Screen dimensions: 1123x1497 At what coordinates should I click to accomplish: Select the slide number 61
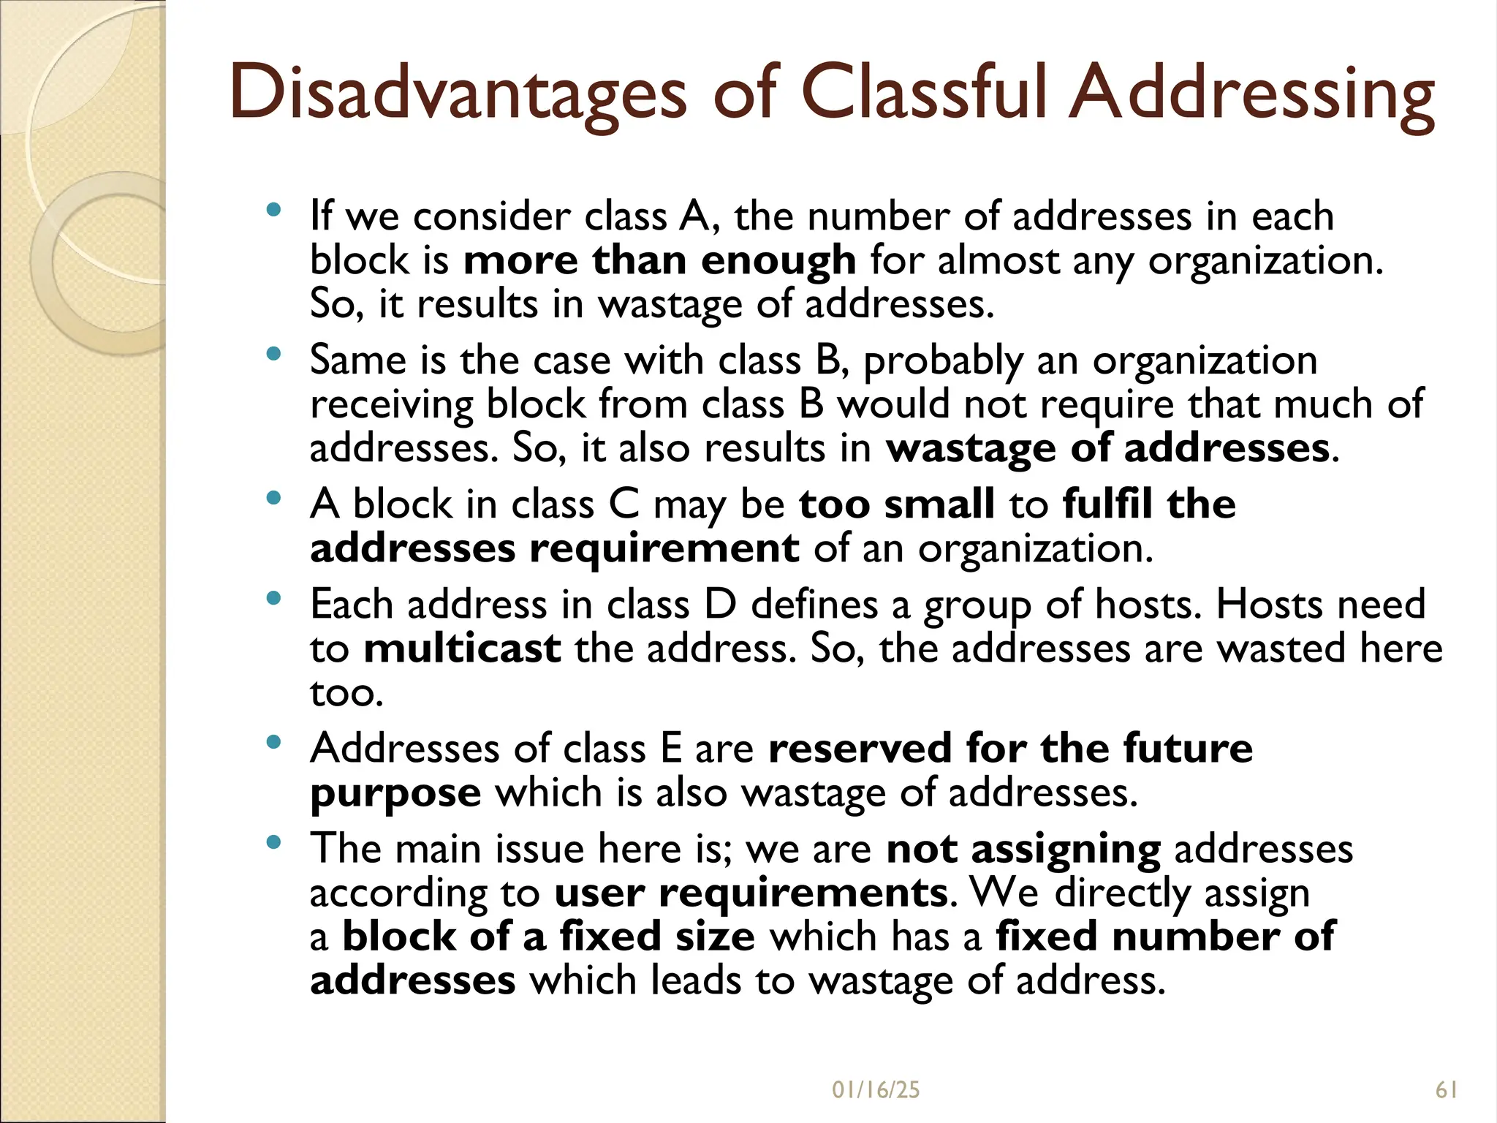pos(1447,1090)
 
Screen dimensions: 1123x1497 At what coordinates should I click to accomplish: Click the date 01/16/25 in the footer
pos(876,1090)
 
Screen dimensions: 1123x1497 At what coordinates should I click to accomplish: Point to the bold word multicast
pos(462,649)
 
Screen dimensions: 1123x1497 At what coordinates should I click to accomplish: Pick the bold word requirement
pos(664,548)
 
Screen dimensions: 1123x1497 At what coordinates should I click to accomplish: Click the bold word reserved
pos(860,749)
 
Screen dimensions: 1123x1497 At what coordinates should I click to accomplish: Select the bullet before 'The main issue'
pos(274,843)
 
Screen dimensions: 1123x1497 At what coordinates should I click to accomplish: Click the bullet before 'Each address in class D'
pos(274,599)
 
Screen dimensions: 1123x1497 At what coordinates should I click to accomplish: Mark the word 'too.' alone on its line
pos(346,693)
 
